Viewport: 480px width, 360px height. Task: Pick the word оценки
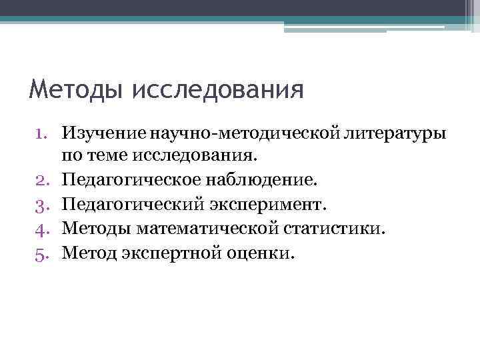260,253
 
